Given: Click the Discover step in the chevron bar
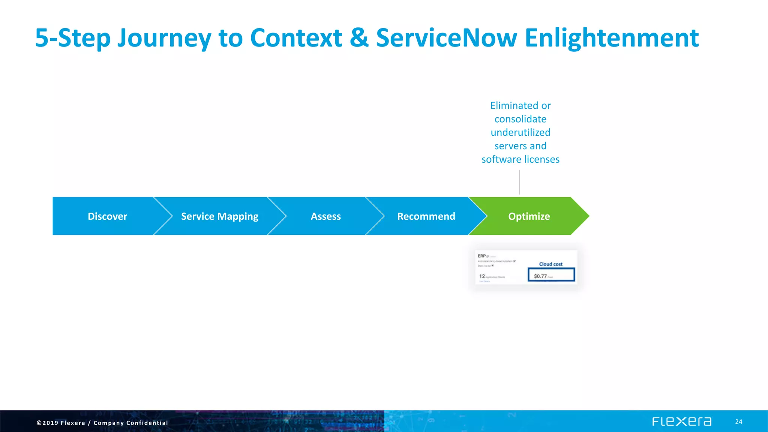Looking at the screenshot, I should point(107,216).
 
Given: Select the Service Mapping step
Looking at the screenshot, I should point(219,216).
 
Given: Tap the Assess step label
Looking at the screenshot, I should point(325,216).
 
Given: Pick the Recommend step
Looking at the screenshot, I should point(426,216).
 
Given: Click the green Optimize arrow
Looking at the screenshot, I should point(529,216).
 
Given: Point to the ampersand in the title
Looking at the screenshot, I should point(359,38).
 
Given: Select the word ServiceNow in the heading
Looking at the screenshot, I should point(446,38).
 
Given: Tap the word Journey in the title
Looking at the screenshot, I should point(164,38).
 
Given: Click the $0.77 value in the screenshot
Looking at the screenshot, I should point(540,276).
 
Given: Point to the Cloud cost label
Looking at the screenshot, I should point(550,264).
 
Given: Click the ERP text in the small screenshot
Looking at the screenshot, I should point(481,256).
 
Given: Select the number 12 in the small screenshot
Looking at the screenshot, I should point(482,276).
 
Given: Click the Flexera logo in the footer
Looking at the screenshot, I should point(681,421).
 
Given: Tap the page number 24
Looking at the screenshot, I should point(738,422).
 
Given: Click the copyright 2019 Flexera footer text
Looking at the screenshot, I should point(102,423).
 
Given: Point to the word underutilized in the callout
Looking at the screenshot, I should point(520,132).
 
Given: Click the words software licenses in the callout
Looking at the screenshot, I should point(520,159).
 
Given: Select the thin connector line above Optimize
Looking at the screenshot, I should point(520,182).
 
